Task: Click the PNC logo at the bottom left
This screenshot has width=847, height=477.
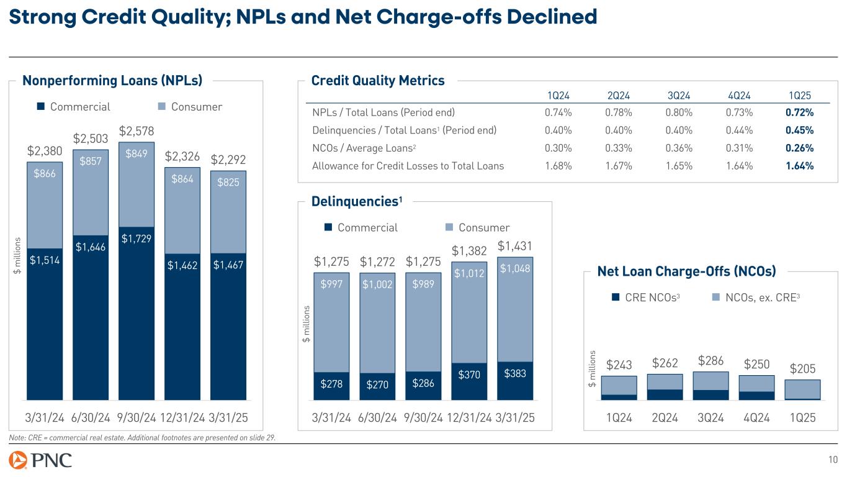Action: (40, 460)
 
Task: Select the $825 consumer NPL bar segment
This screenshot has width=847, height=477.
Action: (228, 212)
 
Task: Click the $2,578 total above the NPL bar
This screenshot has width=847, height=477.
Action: (137, 131)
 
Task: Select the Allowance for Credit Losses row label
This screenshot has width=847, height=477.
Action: (408, 166)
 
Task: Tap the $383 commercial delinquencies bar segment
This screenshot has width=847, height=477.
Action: (515, 381)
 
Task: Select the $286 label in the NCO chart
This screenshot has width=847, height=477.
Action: (710, 361)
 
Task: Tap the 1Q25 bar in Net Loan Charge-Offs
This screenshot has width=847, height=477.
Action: (802, 389)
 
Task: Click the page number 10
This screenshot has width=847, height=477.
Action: (833, 460)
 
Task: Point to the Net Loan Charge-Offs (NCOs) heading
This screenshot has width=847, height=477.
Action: (686, 271)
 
